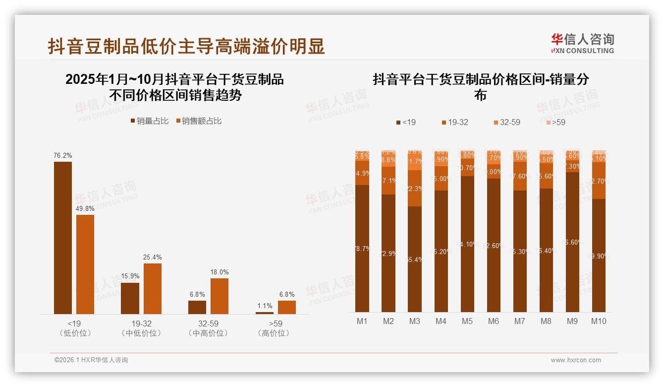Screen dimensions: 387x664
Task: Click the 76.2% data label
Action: tap(63, 155)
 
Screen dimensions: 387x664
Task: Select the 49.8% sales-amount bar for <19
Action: tap(85, 264)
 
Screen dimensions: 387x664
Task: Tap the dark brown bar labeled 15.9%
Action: tap(130, 298)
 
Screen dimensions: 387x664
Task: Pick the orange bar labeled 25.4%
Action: tap(153, 288)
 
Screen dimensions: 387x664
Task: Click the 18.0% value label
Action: tap(220, 272)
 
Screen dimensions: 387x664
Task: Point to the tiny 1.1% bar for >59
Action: tap(265, 313)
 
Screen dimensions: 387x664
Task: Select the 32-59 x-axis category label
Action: tap(208, 323)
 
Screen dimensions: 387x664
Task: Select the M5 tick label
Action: tap(467, 321)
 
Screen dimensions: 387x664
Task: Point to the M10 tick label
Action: tap(599, 321)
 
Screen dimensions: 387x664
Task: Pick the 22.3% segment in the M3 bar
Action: tap(414, 189)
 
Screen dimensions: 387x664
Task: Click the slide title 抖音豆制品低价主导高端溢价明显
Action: tap(186, 46)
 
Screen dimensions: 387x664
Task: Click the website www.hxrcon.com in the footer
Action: tap(576, 360)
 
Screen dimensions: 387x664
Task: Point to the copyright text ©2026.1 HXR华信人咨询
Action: tap(91, 360)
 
